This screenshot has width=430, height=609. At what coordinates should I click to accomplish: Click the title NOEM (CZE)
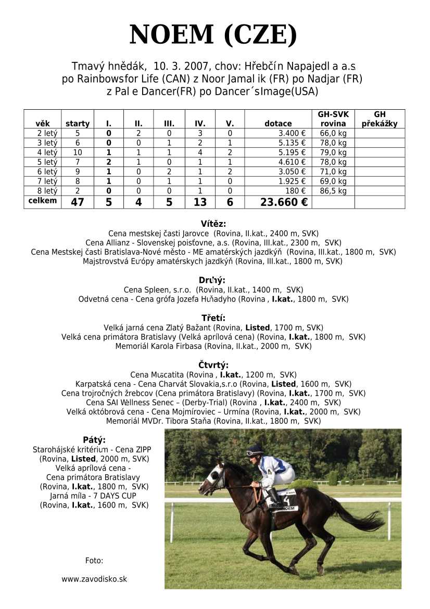click(x=213, y=35)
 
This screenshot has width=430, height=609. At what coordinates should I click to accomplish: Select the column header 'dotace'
click(x=278, y=124)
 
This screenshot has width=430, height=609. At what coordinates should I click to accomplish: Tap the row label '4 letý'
click(x=43, y=152)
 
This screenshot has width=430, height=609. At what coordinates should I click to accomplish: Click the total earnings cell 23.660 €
click(x=284, y=202)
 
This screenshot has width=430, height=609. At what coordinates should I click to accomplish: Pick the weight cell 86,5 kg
click(x=333, y=191)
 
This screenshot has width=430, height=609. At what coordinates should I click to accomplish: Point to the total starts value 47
click(x=77, y=202)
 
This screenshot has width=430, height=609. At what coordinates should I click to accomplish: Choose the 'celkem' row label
click(x=43, y=201)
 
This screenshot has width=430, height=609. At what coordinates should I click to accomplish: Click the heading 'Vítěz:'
click(x=213, y=224)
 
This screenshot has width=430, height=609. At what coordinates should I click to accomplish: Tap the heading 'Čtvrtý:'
click(x=213, y=365)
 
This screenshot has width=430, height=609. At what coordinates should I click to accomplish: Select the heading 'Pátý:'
click(x=94, y=440)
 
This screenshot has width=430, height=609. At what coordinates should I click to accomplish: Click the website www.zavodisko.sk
click(x=94, y=579)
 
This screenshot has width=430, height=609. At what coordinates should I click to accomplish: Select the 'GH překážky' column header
click(x=380, y=119)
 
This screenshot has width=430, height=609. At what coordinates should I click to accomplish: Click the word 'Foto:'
click(x=94, y=561)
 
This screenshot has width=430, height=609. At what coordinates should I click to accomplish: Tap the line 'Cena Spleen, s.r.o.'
click(x=213, y=290)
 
